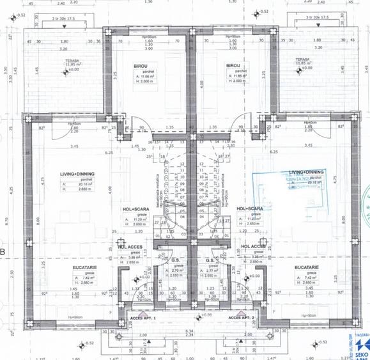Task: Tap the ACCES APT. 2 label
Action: click(241, 317)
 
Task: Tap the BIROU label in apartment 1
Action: click(142, 65)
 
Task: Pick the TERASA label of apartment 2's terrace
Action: click(302, 59)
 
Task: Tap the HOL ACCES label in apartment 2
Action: click(254, 246)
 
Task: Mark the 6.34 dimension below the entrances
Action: click(189, 331)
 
